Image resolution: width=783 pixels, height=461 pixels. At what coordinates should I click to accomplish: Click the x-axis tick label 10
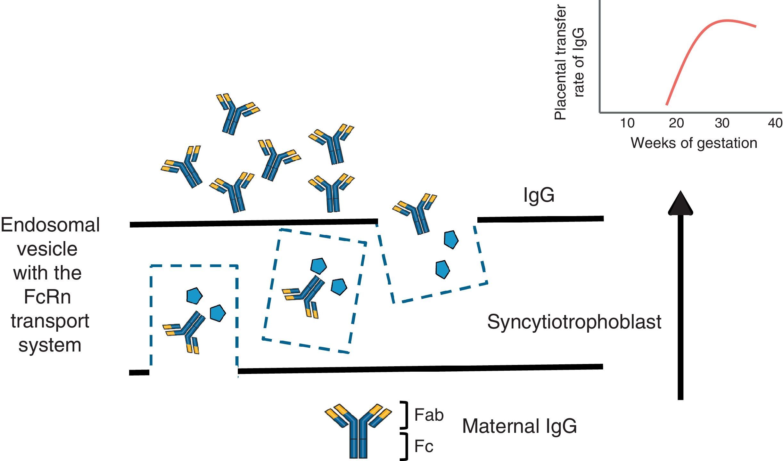point(627,123)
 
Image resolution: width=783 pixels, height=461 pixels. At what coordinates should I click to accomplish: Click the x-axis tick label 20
point(676,123)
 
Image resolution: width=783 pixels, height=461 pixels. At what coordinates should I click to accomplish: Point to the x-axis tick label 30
point(722,123)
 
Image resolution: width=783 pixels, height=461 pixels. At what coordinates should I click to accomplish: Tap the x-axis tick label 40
point(775,123)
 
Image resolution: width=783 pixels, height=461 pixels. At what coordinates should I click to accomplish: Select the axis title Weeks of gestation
point(694,143)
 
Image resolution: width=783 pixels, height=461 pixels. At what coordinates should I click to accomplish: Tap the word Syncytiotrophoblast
point(574,322)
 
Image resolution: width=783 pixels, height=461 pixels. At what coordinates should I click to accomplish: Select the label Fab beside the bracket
point(429,415)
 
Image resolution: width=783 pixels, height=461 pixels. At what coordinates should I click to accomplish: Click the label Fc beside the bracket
point(424,446)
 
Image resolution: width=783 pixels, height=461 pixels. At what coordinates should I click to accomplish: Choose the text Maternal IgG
point(519,426)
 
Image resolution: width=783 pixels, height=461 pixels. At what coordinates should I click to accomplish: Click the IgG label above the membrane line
point(539,195)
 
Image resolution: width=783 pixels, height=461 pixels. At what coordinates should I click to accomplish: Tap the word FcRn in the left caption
point(47,297)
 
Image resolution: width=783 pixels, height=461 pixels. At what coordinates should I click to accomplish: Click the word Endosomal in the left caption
point(50,225)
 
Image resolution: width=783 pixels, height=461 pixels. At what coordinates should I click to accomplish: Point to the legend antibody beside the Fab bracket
point(358,431)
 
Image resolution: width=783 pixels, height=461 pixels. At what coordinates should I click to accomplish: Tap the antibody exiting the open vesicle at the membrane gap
point(416,213)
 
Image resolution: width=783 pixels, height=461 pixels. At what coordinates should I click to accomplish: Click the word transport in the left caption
point(50,321)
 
